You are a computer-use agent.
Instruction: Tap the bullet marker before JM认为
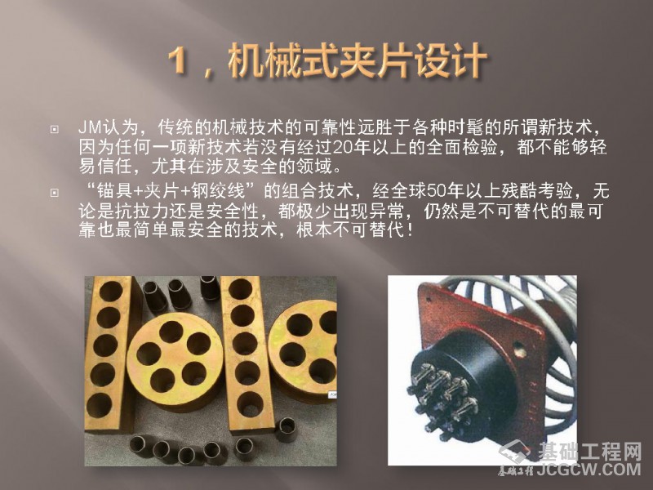pyautogui.click(x=54, y=129)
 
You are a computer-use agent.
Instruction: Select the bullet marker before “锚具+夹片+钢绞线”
pyautogui.click(x=54, y=193)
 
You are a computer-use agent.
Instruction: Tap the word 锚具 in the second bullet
pyautogui.click(x=113, y=191)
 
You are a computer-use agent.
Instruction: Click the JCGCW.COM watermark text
pyautogui.click(x=589, y=469)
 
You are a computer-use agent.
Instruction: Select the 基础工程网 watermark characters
pyautogui.click(x=589, y=452)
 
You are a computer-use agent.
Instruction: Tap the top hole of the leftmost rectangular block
pyautogui.click(x=110, y=291)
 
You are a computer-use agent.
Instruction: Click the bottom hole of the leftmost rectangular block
pyautogui.click(x=99, y=405)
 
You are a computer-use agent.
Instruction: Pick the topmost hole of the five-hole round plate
pyautogui.click(x=171, y=332)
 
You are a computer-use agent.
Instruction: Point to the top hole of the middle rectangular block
pyautogui.click(x=240, y=289)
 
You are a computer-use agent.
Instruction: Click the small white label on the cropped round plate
pyautogui.click(x=333, y=394)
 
